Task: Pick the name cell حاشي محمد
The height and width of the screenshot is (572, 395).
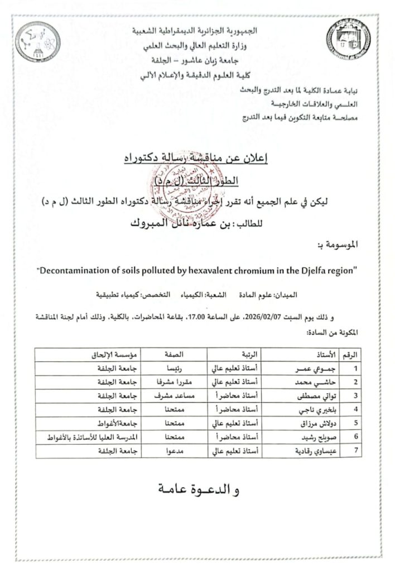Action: (x=309, y=382)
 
